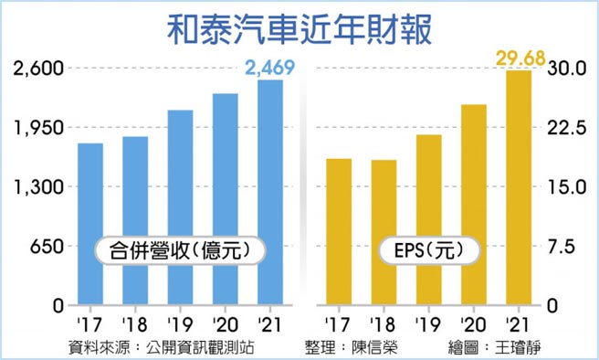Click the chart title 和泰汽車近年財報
(299, 27)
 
